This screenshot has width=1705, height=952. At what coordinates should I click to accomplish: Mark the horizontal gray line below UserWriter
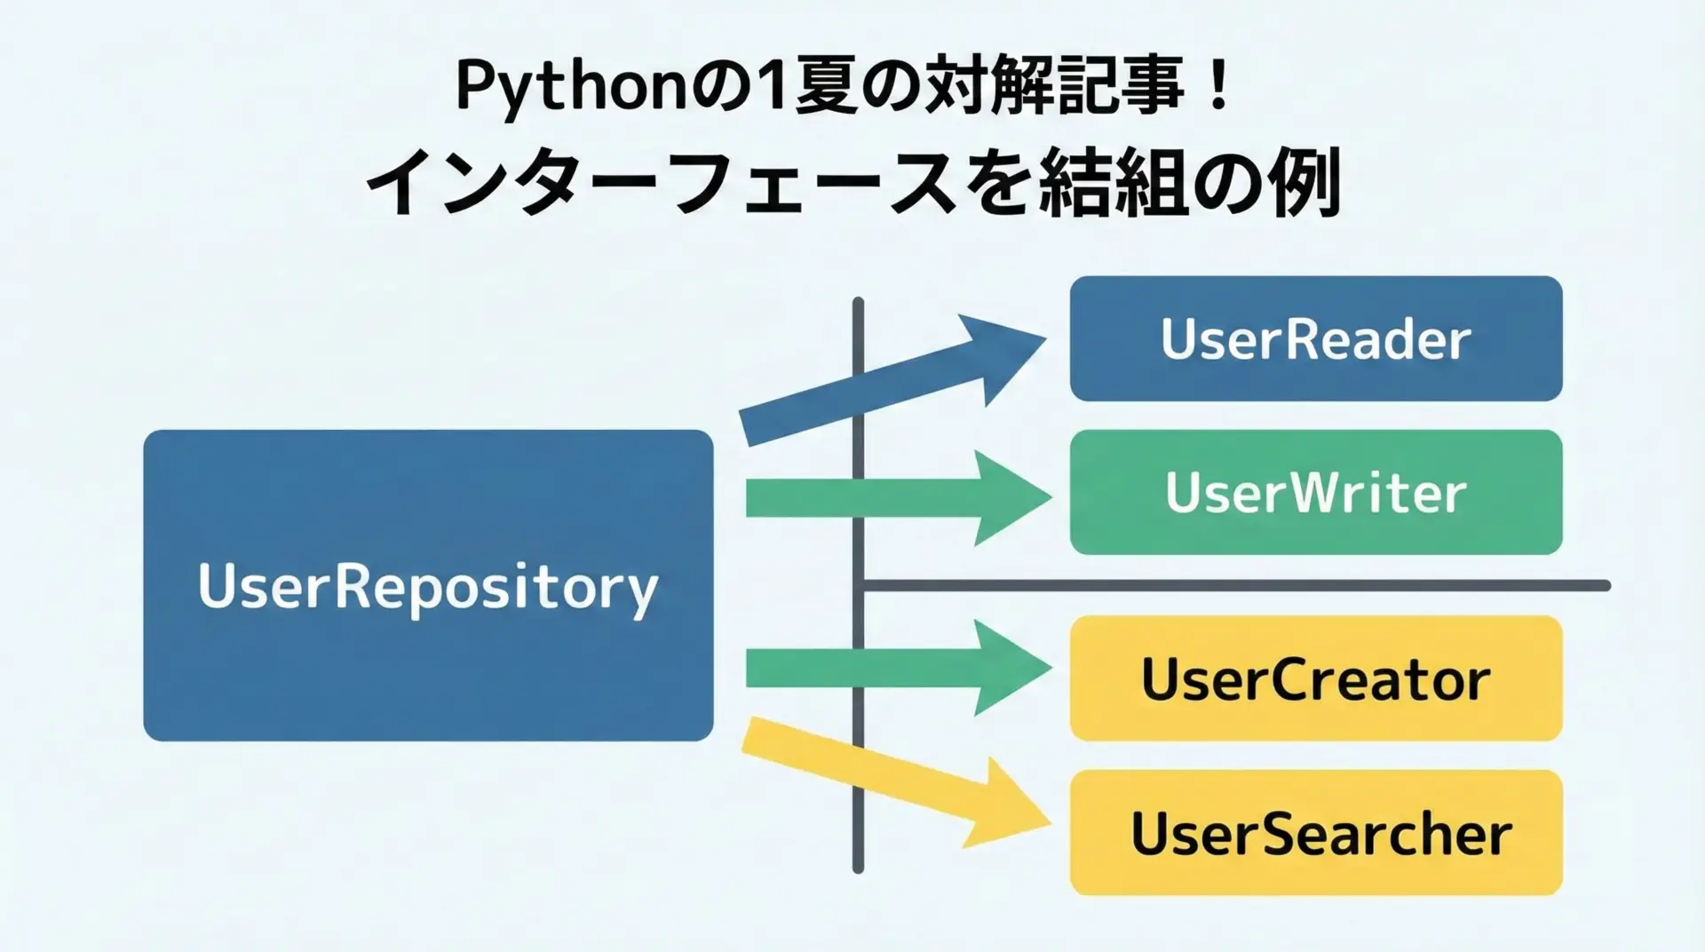(x=1243, y=585)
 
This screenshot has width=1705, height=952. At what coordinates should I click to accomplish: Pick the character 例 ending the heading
(x=1305, y=184)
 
